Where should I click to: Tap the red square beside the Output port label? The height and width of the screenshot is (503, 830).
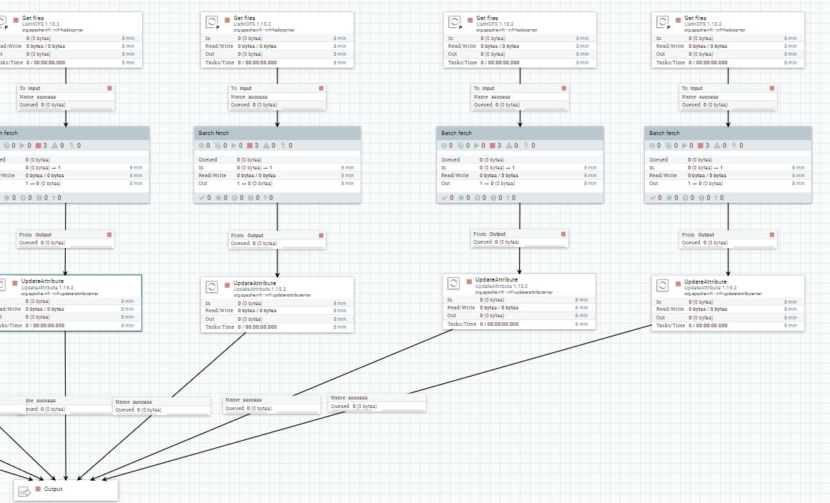[x=39, y=489]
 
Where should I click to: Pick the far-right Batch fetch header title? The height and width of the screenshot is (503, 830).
[x=664, y=133]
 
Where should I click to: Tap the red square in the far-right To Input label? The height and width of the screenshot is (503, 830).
[x=770, y=89]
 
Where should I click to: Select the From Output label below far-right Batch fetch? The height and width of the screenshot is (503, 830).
[x=698, y=234]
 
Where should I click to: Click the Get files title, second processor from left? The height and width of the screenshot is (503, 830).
[x=244, y=19]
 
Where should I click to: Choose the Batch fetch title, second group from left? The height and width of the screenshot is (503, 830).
[x=214, y=133]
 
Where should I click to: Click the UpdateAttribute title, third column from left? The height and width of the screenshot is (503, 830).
[x=496, y=279]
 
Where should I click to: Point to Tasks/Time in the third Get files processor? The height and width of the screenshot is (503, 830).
[x=462, y=63]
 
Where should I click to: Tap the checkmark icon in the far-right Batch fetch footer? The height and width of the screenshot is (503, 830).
[x=653, y=197]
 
